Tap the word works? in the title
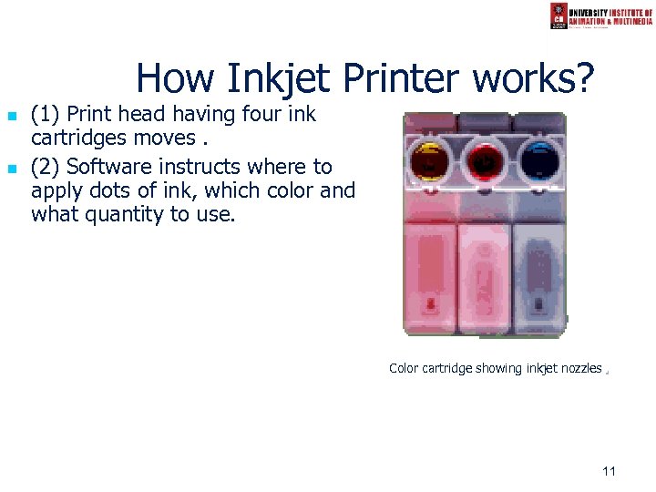(x=534, y=79)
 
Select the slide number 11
(x=610, y=471)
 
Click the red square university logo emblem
(x=559, y=15)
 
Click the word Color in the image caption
(x=404, y=369)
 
